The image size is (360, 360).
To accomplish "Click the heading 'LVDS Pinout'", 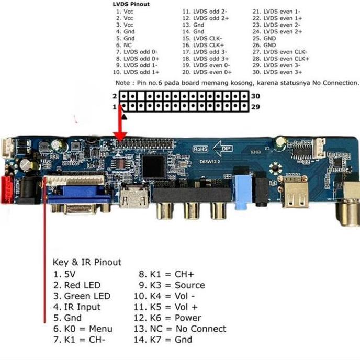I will (131, 4).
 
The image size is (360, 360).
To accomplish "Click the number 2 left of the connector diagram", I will (114, 96).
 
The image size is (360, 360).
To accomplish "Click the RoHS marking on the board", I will (201, 149).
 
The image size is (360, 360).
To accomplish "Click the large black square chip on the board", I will (154, 166).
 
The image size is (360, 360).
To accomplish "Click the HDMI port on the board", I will (133, 198).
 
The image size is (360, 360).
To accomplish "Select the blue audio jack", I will (241, 192).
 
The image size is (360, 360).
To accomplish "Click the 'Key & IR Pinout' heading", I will (87, 262).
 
